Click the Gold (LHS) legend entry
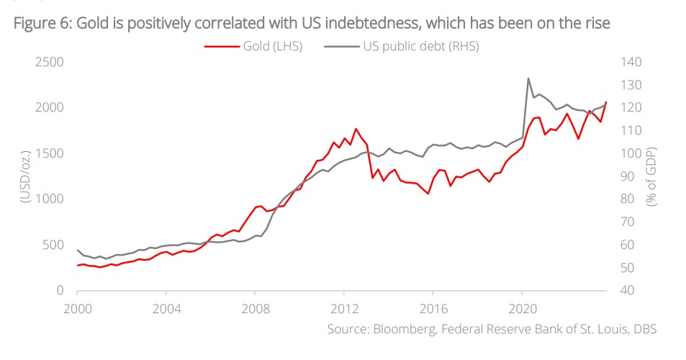[253, 47]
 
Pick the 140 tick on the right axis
[632, 62]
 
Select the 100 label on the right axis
[632, 153]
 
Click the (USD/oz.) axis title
[24, 176]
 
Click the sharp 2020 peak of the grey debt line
[528, 78]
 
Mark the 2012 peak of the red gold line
[355, 129]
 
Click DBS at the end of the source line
[643, 329]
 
